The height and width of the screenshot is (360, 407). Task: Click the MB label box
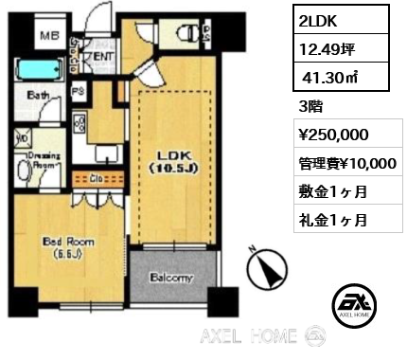43,38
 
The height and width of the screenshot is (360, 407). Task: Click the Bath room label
39,96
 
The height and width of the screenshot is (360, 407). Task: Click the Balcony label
170,279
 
